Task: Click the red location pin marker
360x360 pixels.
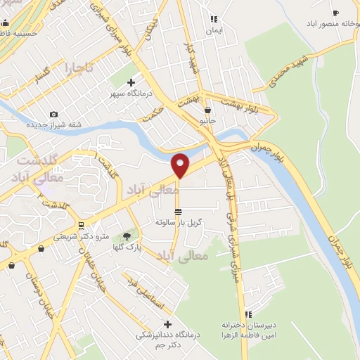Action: coord(181,165)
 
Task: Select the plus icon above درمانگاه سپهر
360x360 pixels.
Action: coord(131,82)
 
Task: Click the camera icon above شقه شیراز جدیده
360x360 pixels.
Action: coord(54,115)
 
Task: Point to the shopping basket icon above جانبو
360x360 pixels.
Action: coord(207,110)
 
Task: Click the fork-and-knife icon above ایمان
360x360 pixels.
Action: coord(213,19)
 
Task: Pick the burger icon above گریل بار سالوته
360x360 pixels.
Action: coord(179,211)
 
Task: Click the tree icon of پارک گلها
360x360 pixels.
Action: coord(127,237)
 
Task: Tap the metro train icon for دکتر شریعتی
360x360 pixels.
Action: coord(82,226)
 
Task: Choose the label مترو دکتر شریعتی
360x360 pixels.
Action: coord(82,237)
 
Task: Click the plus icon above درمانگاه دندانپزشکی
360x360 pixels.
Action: coord(167,324)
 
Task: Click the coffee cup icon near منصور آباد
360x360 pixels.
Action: coord(335,13)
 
